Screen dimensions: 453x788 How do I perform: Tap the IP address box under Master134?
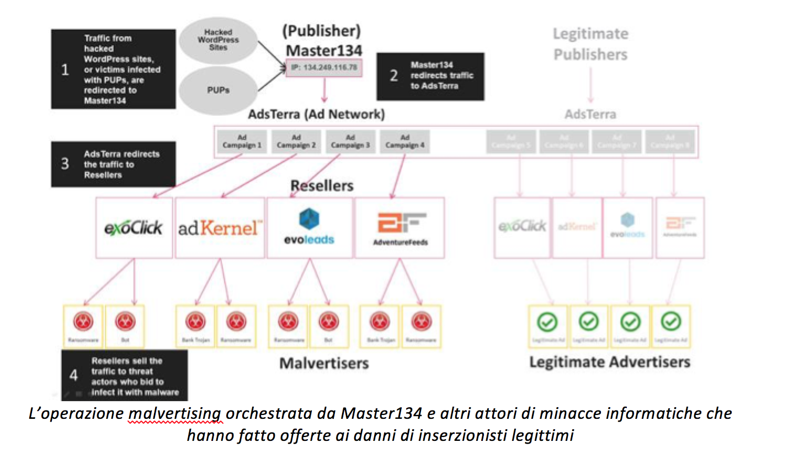(x=323, y=67)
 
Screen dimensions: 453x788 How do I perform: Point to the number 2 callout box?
(x=430, y=76)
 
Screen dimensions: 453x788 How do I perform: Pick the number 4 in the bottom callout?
(x=73, y=375)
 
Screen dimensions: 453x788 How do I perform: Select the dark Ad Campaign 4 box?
(x=405, y=142)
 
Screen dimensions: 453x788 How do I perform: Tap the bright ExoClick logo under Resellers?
(x=134, y=227)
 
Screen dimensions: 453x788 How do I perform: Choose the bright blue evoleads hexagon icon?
(x=309, y=218)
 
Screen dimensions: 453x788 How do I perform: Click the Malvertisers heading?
(x=324, y=363)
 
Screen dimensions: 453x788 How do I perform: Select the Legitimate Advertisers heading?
(x=609, y=362)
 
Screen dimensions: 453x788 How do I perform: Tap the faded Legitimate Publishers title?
(x=590, y=44)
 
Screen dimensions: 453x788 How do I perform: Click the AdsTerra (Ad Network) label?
(x=316, y=115)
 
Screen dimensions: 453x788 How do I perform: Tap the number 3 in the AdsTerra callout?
(x=65, y=164)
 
